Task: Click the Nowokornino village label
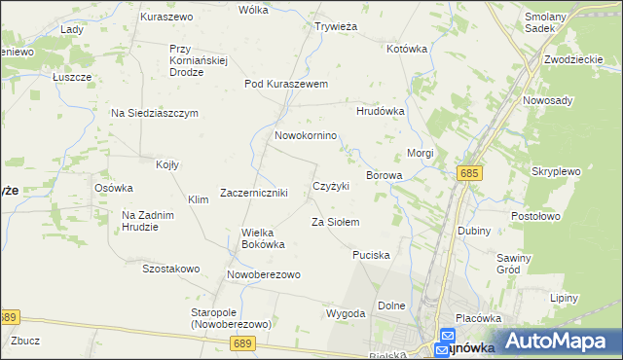306,135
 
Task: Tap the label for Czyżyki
331,186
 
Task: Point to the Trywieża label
337,27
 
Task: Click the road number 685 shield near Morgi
469,172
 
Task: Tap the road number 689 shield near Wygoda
243,342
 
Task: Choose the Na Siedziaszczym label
154,113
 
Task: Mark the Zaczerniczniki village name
254,193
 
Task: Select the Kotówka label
407,49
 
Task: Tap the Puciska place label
371,255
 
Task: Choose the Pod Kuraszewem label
286,84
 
